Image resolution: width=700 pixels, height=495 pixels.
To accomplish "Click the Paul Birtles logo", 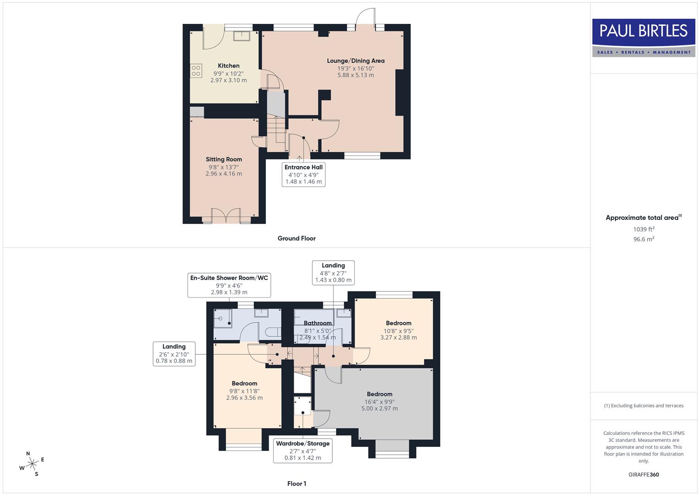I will pyautogui.click(x=644, y=38).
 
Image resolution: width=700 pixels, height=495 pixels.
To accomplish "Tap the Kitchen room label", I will pyautogui.click(x=228, y=66).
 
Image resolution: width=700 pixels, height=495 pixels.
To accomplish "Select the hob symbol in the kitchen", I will pyautogui.click(x=196, y=71).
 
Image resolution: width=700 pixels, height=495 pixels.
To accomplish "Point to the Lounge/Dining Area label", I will pyautogui.click(x=355, y=60).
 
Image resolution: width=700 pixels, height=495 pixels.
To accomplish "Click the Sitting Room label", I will pyautogui.click(x=224, y=159).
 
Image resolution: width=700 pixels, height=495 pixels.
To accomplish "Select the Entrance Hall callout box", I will pyautogui.click(x=303, y=174).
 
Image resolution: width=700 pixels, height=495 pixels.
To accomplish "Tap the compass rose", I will pyautogui.click(x=32, y=464).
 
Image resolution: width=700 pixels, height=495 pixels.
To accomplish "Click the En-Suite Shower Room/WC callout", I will pyautogui.click(x=229, y=285).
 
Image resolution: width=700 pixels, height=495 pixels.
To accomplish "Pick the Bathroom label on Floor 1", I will pyautogui.click(x=317, y=323).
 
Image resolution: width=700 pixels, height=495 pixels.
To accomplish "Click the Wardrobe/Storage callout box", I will pyautogui.click(x=303, y=450).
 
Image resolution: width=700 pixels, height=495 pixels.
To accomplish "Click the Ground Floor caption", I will pyautogui.click(x=297, y=238).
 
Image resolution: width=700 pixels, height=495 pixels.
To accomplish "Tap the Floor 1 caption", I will pyautogui.click(x=297, y=484).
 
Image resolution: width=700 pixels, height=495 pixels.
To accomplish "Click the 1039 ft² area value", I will pyautogui.click(x=644, y=229).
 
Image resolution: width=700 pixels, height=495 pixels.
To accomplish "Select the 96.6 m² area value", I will pyautogui.click(x=644, y=239).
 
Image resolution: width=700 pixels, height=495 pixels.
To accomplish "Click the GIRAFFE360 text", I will pyautogui.click(x=644, y=474).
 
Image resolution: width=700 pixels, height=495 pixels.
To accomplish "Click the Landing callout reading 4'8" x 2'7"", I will pyautogui.click(x=333, y=273).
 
